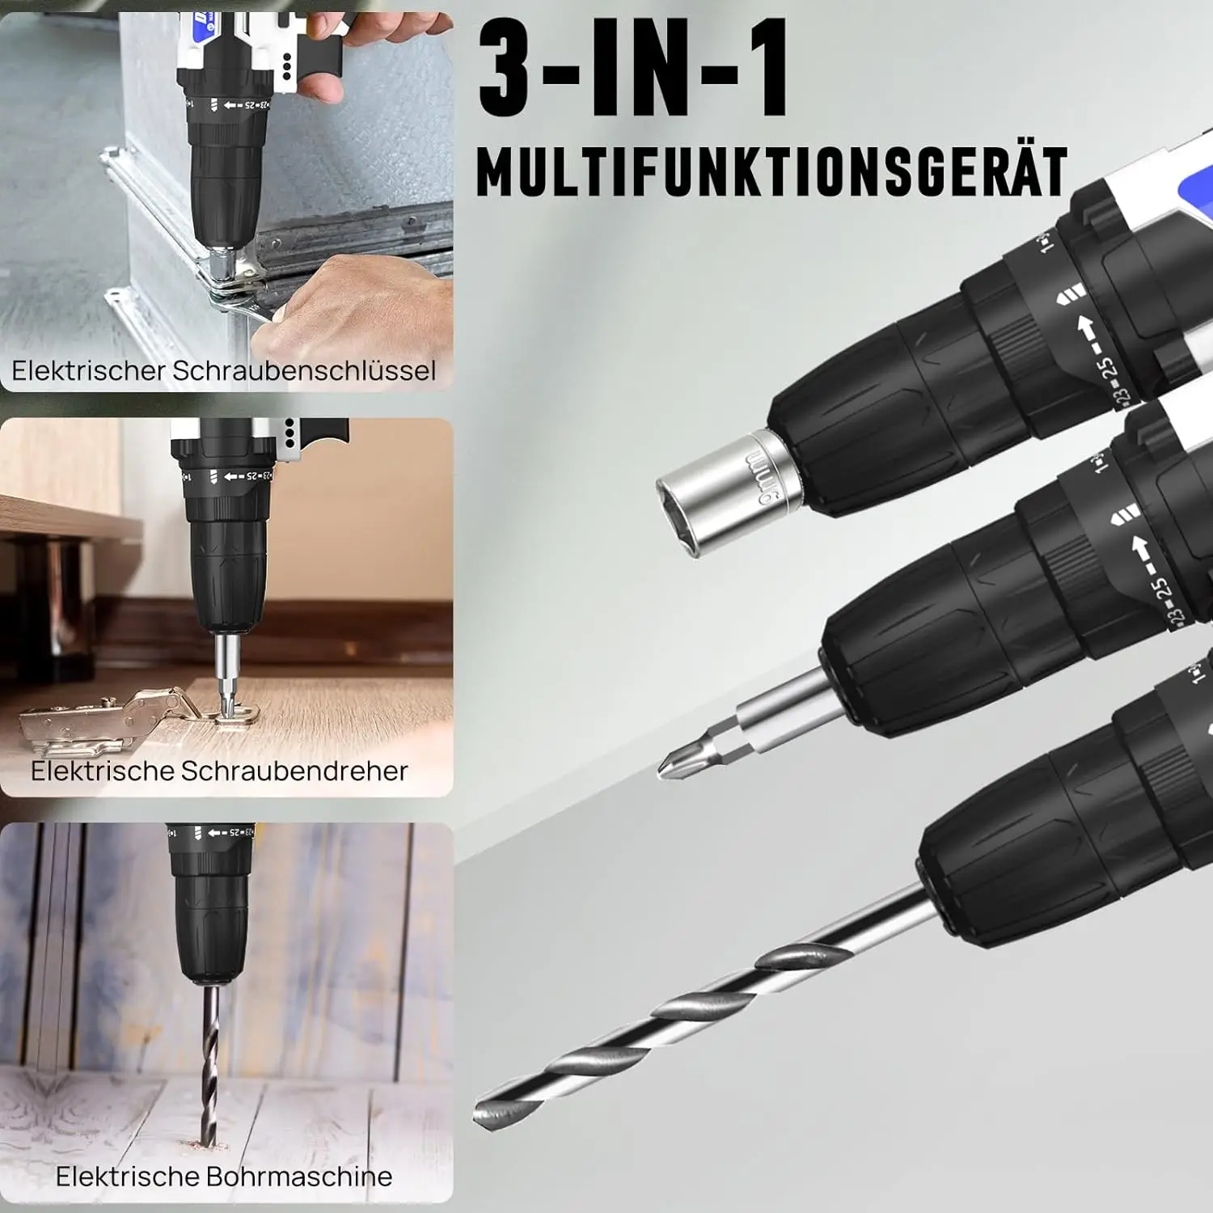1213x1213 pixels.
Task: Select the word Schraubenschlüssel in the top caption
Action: pyautogui.click(x=304, y=370)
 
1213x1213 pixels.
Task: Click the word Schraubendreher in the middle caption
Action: pyautogui.click(x=294, y=771)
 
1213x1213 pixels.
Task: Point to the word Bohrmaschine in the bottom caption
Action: pyautogui.click(x=298, y=1176)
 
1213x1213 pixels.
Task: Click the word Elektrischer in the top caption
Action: pyautogui.click(x=88, y=370)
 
